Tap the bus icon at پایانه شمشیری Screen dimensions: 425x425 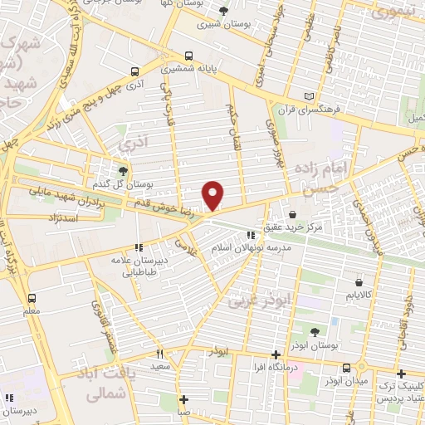[x=189, y=56]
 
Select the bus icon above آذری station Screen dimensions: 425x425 [x=134, y=72]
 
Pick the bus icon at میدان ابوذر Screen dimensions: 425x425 [x=362, y=366]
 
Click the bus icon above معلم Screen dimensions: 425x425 [x=32, y=298]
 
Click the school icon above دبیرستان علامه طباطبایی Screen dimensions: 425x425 [x=139, y=247]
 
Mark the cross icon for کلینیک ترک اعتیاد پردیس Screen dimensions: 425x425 [x=401, y=374]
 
